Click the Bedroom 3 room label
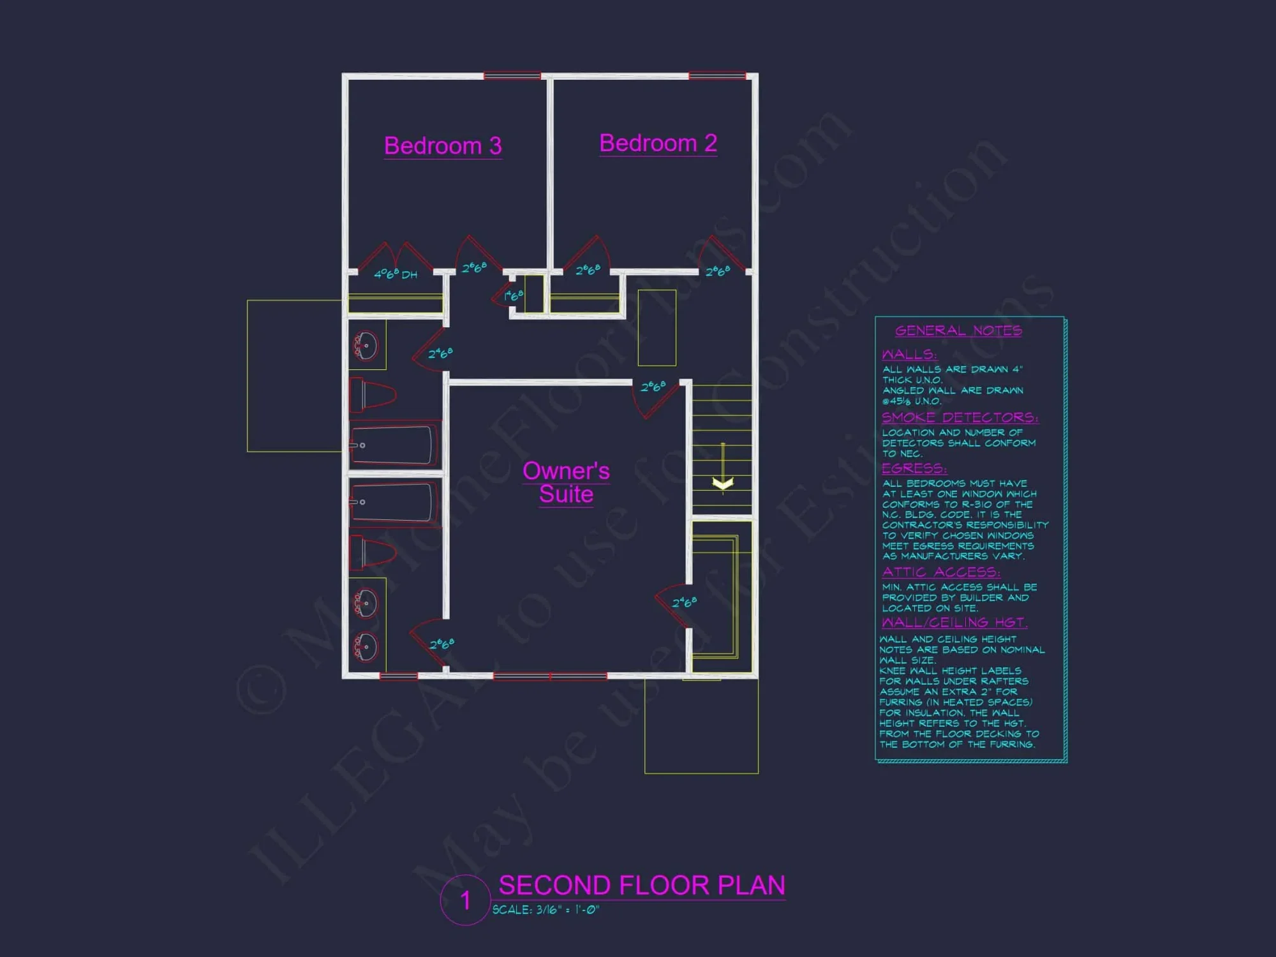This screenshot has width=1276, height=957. pyautogui.click(x=443, y=146)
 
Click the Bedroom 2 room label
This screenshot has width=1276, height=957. pyautogui.click(x=658, y=144)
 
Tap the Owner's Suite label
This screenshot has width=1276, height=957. pyautogui.click(x=566, y=482)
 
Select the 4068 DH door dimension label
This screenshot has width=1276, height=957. pyautogui.click(x=395, y=274)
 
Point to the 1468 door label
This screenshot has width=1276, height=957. pyautogui.click(x=513, y=295)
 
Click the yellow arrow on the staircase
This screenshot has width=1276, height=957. pyautogui.click(x=722, y=483)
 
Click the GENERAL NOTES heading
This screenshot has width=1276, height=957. pyautogui.click(x=958, y=330)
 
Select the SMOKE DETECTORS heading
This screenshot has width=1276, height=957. pyautogui.click(x=960, y=417)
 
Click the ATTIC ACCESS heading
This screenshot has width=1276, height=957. pyautogui.click(x=940, y=572)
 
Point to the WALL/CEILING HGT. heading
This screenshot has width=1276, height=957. pyautogui.click(x=954, y=622)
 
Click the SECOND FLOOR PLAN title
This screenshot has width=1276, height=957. pyautogui.click(x=641, y=886)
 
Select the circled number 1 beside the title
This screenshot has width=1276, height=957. pyautogui.click(x=466, y=900)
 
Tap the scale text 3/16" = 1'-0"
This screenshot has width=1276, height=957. pyautogui.click(x=545, y=910)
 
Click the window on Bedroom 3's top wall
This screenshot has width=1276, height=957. pyautogui.click(x=512, y=76)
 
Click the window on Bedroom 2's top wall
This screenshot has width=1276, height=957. pyautogui.click(x=717, y=76)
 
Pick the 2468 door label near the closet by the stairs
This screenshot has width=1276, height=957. pyautogui.click(x=684, y=602)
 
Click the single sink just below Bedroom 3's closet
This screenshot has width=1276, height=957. pyautogui.click(x=366, y=346)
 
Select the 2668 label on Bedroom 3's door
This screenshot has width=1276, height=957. pyautogui.click(x=474, y=267)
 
